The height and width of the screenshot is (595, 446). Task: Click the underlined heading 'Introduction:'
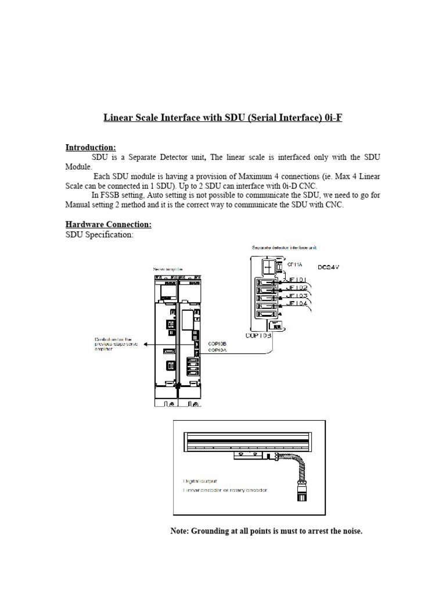point(91,147)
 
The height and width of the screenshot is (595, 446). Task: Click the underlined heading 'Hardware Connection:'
point(108,224)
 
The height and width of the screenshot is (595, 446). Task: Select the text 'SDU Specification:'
point(99,234)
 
